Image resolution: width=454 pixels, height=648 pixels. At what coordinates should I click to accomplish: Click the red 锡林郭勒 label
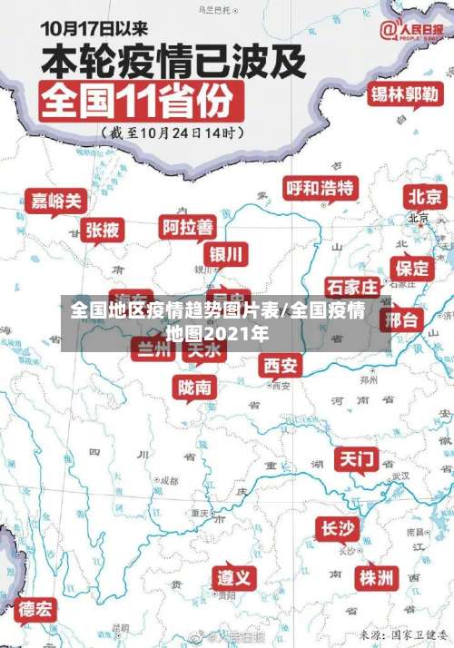pyautogui.click(x=404, y=94)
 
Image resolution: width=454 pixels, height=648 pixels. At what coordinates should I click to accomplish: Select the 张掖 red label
pyautogui.click(x=102, y=231)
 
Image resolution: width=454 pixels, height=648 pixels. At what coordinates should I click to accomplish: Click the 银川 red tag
pyautogui.click(x=226, y=252)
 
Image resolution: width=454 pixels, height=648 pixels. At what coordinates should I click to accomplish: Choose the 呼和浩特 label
pyautogui.click(x=320, y=188)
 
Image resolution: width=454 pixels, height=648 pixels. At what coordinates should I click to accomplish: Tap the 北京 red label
pyautogui.click(x=425, y=196)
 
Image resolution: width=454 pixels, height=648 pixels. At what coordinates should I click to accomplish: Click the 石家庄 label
pyautogui.click(x=352, y=287)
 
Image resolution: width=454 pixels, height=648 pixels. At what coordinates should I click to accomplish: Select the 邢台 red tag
pyautogui.click(x=402, y=319)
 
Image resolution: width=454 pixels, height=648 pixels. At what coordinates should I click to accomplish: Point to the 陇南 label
pyautogui.click(x=195, y=388)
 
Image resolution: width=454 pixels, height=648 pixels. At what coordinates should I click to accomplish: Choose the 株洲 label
pyautogui.click(x=376, y=577)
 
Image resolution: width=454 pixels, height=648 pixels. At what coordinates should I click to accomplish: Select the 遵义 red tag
pyautogui.click(x=235, y=577)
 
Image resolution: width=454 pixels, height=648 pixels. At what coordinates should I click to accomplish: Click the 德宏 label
pyautogui.click(x=36, y=608)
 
